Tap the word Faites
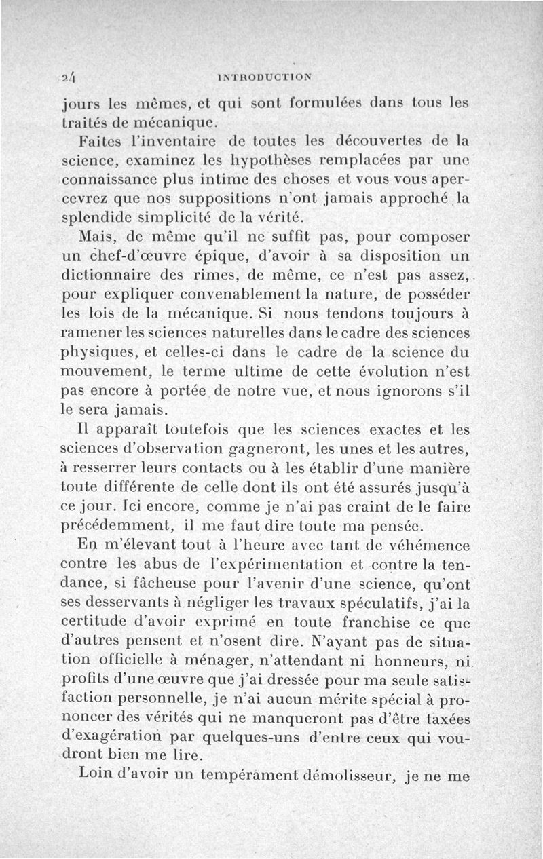(102, 141)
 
